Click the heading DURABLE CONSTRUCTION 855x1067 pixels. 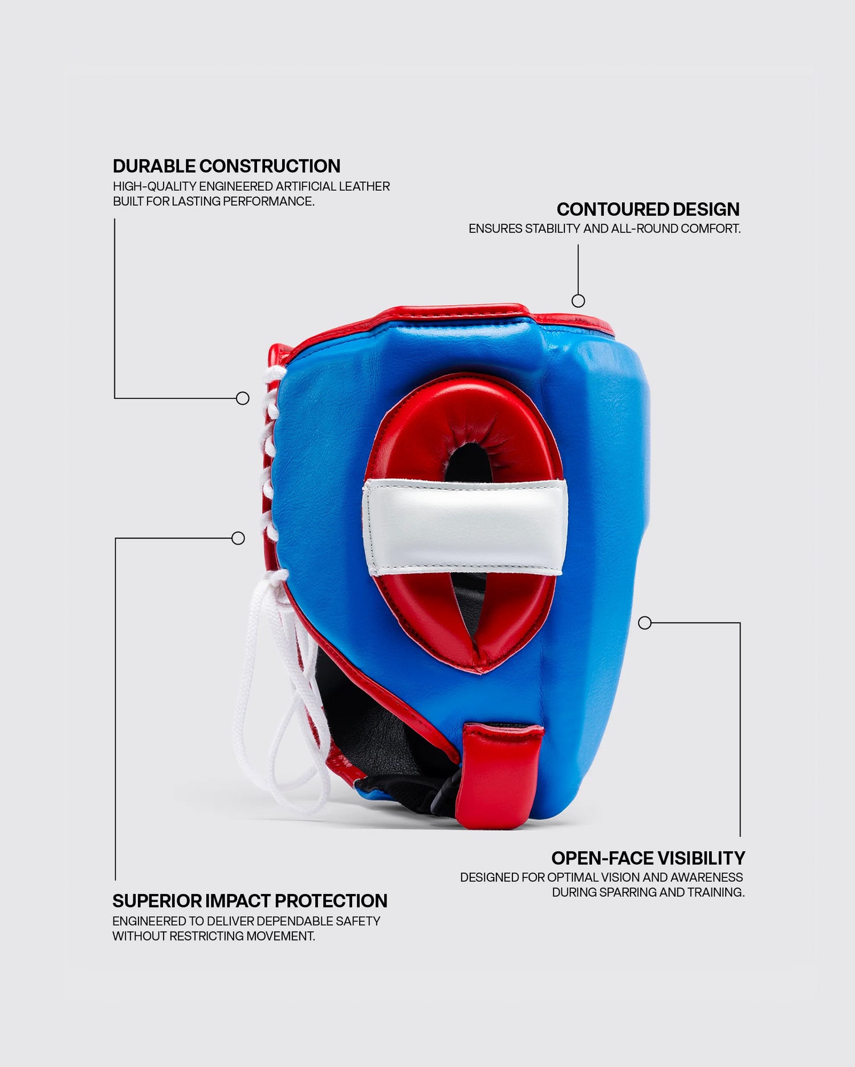point(226,166)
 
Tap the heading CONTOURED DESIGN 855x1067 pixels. point(648,209)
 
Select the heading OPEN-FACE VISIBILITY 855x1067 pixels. point(648,858)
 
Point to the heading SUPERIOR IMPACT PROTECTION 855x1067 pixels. point(250,901)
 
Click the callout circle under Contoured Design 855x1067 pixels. point(578,301)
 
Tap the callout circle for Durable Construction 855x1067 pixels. point(243,398)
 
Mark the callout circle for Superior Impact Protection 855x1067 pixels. point(238,538)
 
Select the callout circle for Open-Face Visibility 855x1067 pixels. point(645,623)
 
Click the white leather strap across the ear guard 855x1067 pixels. point(465,527)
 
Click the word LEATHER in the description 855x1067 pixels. point(364,186)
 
